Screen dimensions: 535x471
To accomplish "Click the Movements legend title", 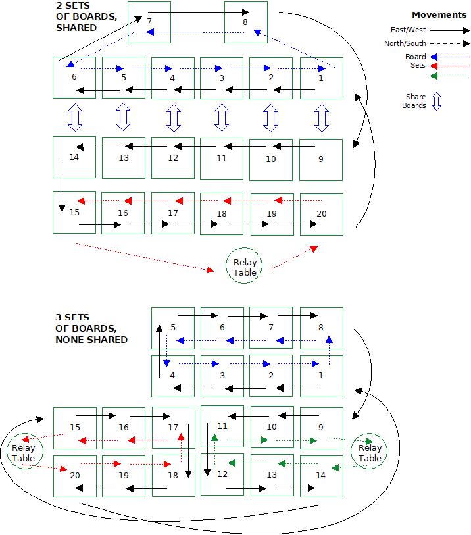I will (439, 14).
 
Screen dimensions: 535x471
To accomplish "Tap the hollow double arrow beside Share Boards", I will (436, 101).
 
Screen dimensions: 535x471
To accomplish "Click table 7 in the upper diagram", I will (149, 22).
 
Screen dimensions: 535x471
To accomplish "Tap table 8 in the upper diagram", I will (245, 22).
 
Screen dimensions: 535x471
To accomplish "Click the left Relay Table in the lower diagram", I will (24, 453).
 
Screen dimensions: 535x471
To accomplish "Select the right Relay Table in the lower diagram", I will (370, 453).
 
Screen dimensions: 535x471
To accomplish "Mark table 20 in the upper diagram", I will (321, 214).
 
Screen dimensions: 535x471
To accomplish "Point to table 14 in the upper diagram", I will (74, 157).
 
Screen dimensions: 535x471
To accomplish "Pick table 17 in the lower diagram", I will (174, 428).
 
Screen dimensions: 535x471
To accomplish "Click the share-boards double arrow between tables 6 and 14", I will (74, 117).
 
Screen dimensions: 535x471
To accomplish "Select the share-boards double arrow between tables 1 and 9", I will (321, 117).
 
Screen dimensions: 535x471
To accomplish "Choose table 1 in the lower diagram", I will (321, 376).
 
